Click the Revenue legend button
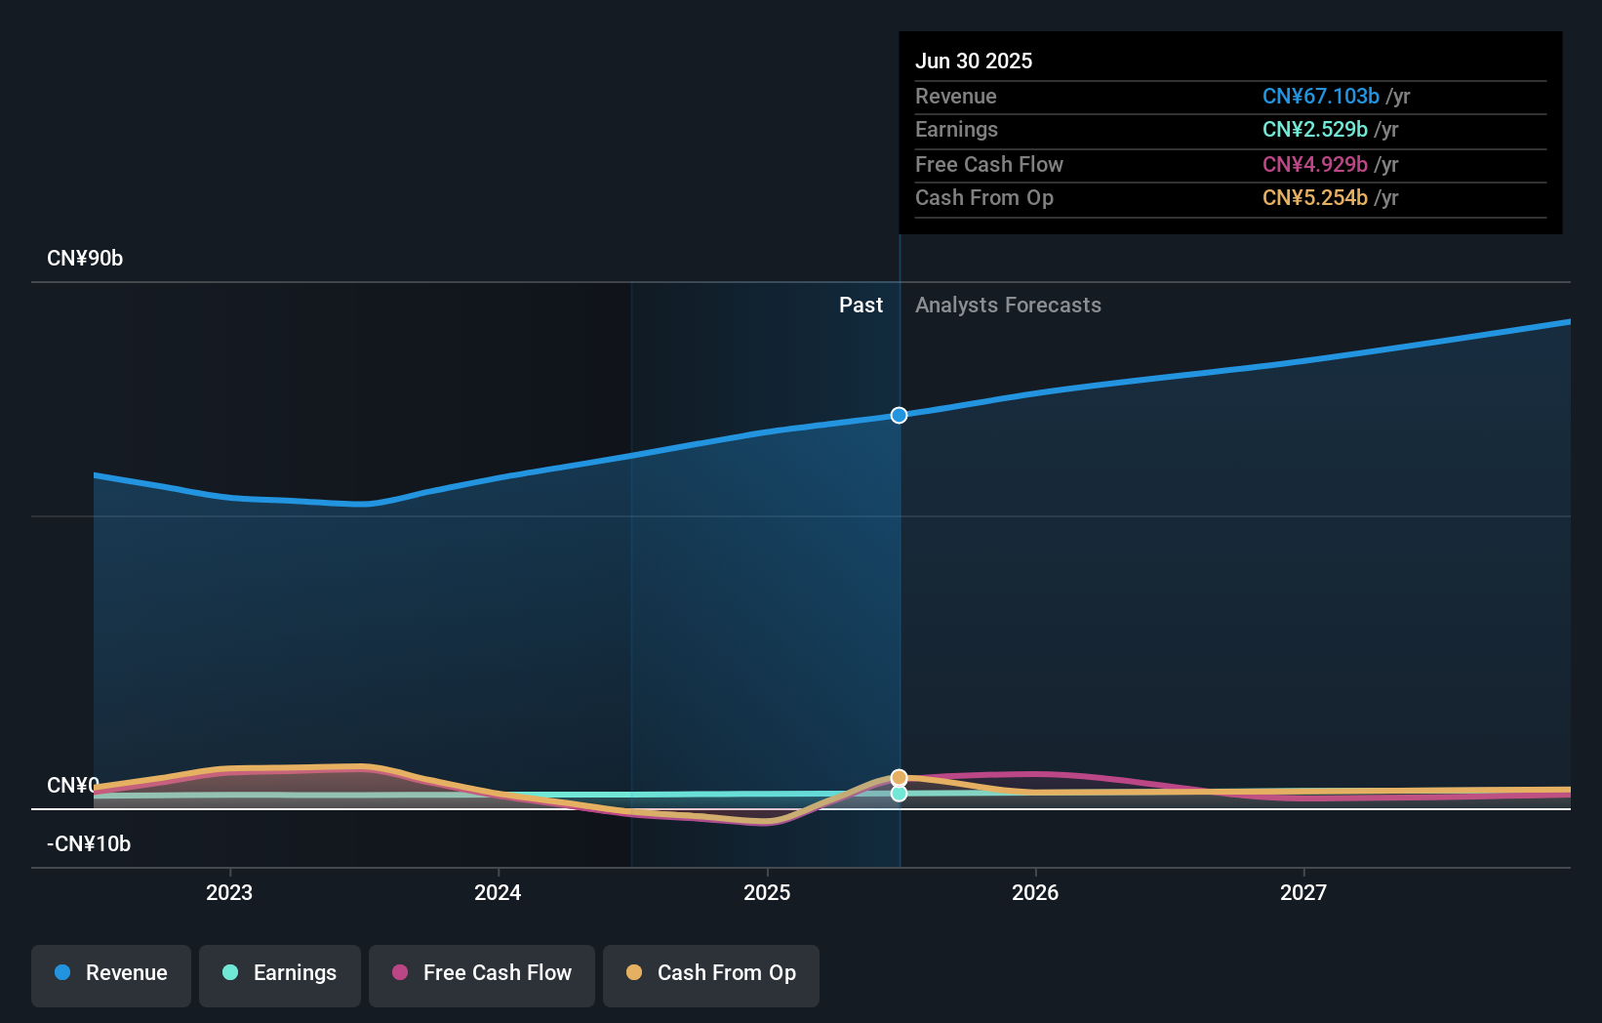coord(111,973)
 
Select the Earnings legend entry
coord(280,973)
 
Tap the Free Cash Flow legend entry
coord(482,973)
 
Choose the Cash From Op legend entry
coord(711,973)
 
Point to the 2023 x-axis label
coord(229,893)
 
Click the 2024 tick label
coord(498,893)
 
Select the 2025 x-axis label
coord(767,893)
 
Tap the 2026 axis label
coord(1035,893)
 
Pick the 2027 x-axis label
coord(1303,893)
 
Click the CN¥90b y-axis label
coord(85,259)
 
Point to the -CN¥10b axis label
coord(89,844)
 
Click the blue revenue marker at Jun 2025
coord(899,416)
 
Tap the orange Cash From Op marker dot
coord(899,778)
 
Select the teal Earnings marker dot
coord(899,794)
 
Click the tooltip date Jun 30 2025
coord(974,61)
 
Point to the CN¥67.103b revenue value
coord(1320,97)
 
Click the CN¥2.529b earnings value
coord(1314,130)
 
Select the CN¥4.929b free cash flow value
coord(1314,165)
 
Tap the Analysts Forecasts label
coord(1008,306)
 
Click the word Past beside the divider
coord(861,306)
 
